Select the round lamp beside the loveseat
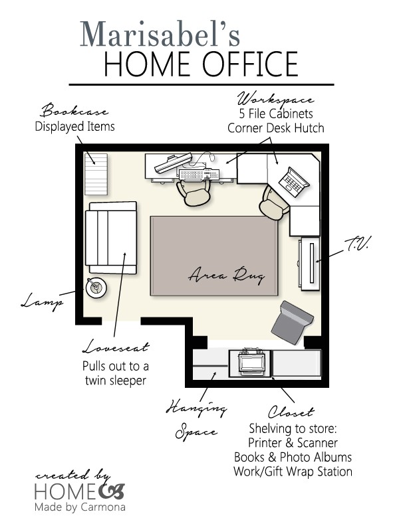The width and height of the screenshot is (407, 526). (x=96, y=288)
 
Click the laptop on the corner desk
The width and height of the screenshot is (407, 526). (x=293, y=180)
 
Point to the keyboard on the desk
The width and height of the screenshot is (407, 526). (x=198, y=175)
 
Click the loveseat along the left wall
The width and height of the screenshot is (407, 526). (x=111, y=237)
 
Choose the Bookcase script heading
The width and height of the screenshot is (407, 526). (x=75, y=110)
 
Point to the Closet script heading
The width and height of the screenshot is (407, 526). (x=291, y=412)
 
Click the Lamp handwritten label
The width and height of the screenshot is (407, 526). (x=43, y=302)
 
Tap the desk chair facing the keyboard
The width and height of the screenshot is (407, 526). (x=194, y=193)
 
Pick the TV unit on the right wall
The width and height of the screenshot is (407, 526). (x=310, y=263)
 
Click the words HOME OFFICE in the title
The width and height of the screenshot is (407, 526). (x=201, y=64)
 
